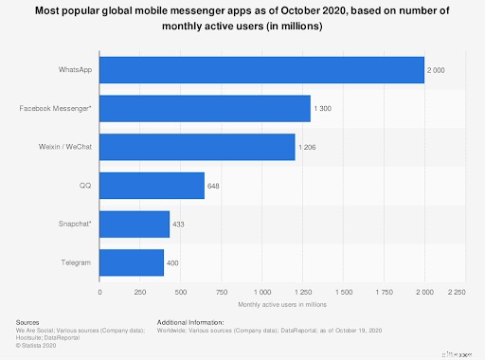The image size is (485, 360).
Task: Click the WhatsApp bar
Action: (x=261, y=69)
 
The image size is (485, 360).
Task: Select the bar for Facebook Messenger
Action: (x=205, y=108)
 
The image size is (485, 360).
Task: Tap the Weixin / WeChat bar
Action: (x=197, y=147)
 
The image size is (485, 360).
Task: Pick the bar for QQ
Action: (x=152, y=186)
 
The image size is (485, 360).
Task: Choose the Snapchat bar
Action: (x=135, y=224)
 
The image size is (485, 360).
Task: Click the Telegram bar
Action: (x=132, y=262)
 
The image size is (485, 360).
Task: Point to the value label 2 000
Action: (x=437, y=70)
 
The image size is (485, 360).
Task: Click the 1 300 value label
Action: (x=323, y=109)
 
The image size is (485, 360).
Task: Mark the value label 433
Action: (x=179, y=225)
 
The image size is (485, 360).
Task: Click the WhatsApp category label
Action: (x=76, y=70)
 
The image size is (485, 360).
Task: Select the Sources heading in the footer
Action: (x=28, y=322)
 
